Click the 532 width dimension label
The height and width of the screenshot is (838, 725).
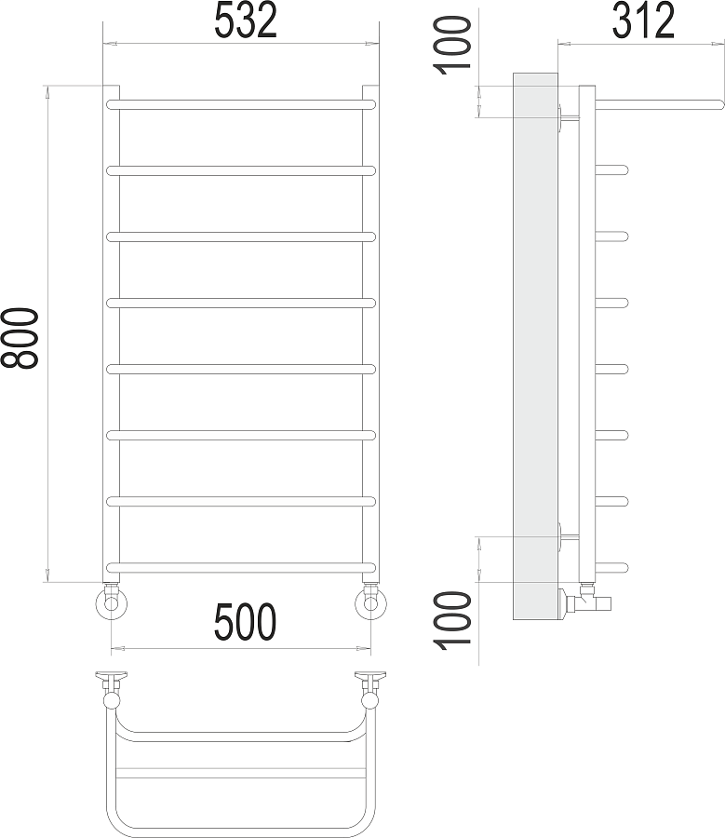[246, 20]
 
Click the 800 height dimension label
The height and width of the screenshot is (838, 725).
[20, 339]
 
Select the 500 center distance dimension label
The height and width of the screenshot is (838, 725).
[245, 622]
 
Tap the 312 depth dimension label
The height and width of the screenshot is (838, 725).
[643, 20]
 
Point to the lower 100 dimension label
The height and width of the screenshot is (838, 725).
[455, 620]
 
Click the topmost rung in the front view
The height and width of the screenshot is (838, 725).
[241, 102]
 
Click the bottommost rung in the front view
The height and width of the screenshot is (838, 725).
[241, 567]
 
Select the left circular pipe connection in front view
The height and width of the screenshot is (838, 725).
[112, 603]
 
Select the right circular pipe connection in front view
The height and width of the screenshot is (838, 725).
[370, 603]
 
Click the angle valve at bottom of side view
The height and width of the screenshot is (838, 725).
[584, 601]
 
